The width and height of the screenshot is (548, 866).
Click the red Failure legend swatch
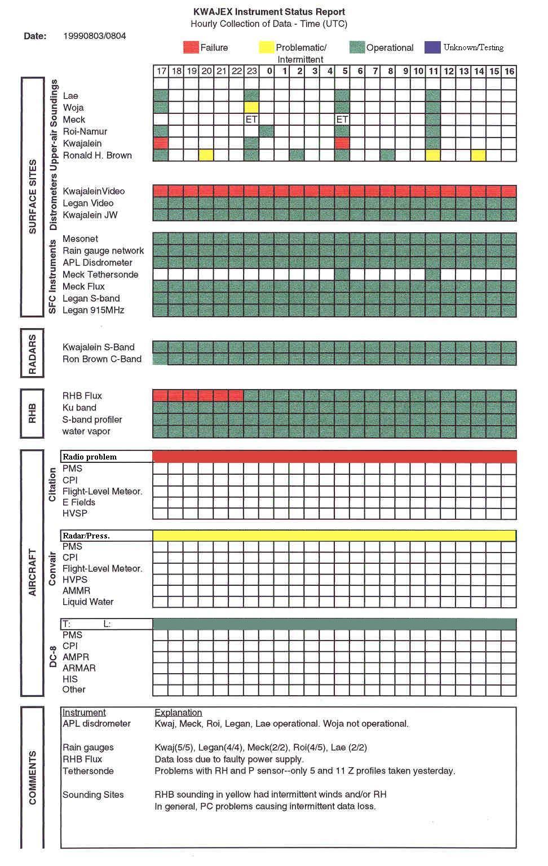coord(191,47)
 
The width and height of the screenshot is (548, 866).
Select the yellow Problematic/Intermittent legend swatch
coord(267,47)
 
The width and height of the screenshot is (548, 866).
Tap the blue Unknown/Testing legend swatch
coord(432,47)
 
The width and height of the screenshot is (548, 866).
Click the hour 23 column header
coord(251,71)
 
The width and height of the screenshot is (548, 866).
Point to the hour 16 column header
coord(509,71)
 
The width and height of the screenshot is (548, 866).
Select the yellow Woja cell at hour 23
coord(251,107)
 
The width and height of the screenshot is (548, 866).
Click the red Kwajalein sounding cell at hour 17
coord(161,143)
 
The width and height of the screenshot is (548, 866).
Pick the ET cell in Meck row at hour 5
coord(342,120)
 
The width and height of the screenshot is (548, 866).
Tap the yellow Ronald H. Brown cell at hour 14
coord(479,155)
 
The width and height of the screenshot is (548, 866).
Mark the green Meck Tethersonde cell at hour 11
coord(433,275)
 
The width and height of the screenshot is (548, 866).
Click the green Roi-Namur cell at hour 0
coord(267,131)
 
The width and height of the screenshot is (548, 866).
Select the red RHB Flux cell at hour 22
coord(236,395)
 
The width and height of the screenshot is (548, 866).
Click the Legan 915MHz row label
coord(93,310)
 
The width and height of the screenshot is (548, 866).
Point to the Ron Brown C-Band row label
coord(101,359)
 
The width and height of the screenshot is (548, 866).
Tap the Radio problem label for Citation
coord(90,457)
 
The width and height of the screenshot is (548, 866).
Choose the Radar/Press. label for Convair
coord(86,536)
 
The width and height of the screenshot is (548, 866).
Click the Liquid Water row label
coord(88,602)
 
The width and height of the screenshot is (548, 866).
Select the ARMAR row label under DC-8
coord(79,668)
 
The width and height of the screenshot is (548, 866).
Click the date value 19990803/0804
coord(95,36)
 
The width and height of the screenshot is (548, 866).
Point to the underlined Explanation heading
coord(178,713)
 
